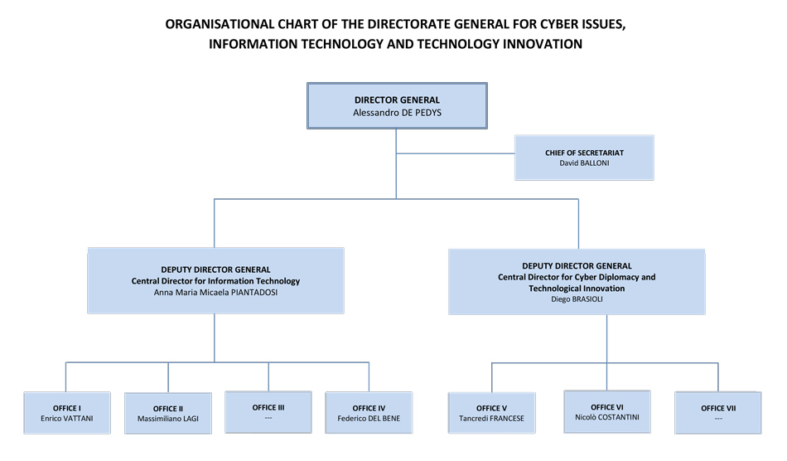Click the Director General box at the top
(396, 105)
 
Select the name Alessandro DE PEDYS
(397, 112)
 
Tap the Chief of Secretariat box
(584, 158)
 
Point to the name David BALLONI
(584, 163)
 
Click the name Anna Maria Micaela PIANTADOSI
(215, 292)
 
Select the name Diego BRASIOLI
(577, 299)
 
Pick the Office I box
(67, 413)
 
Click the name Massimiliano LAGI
(168, 419)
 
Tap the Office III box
(268, 411)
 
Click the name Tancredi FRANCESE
(492, 419)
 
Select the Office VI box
(607, 411)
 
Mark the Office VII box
(717, 413)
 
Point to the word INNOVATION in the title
(543, 44)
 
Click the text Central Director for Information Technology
(215, 281)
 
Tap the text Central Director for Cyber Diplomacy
(577, 277)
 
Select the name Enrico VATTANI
(67, 419)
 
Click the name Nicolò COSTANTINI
(607, 417)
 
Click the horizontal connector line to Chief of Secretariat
(455, 153)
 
